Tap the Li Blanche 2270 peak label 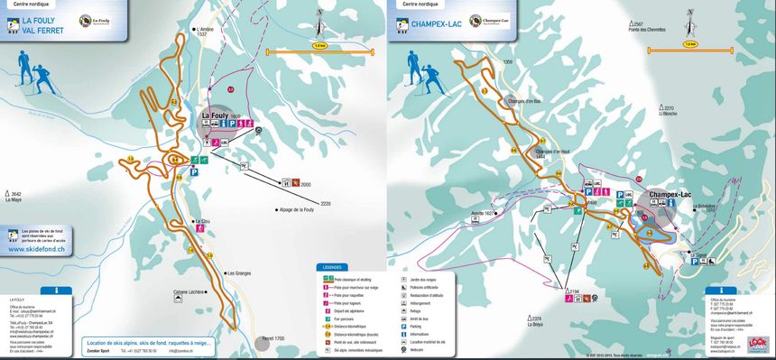667,111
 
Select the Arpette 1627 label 483,214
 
